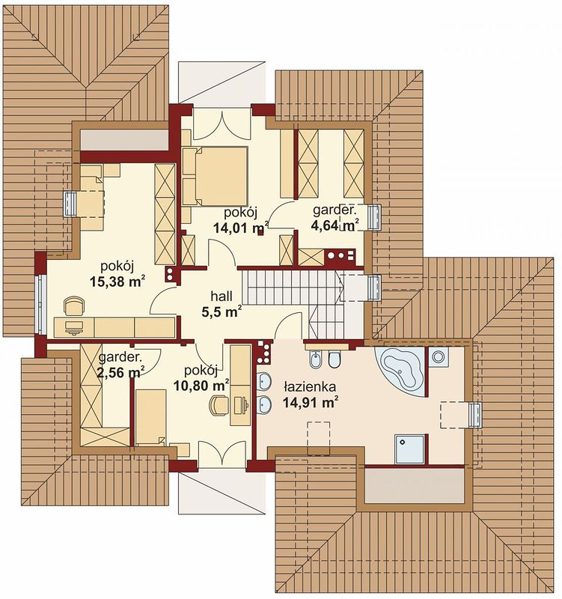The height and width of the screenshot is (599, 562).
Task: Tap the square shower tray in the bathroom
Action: click(409, 449)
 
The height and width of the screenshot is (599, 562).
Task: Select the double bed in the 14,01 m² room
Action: click(215, 177)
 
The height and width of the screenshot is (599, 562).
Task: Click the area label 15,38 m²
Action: click(117, 282)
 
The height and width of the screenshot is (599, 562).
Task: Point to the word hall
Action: click(222, 296)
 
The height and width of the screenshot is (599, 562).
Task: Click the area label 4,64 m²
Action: click(335, 225)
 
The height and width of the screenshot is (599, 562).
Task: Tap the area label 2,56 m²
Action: click(120, 371)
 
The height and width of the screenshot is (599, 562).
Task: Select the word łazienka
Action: click(310, 387)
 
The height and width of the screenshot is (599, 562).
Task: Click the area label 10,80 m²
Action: click(201, 385)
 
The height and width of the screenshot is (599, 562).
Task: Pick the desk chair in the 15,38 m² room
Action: click(74, 306)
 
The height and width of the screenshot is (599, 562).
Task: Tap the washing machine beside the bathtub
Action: click(438, 357)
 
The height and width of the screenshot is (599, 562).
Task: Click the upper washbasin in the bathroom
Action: click(264, 381)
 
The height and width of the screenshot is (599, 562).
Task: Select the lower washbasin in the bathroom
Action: click(264, 404)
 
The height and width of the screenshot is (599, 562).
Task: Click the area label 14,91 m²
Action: click(310, 402)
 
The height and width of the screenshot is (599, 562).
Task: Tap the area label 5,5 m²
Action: click(222, 311)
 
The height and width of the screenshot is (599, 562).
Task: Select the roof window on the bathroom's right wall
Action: click(476, 415)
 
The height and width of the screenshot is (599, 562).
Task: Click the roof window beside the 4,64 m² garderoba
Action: click(374, 217)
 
